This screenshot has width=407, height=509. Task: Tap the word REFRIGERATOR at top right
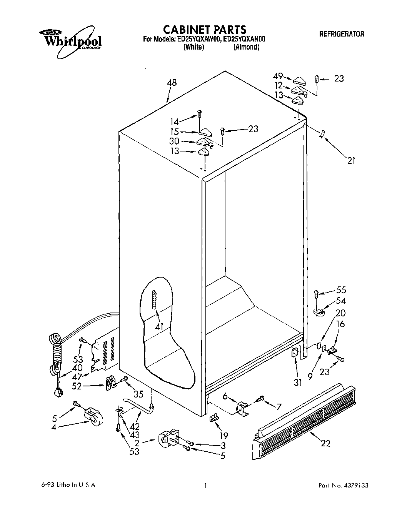pos(342,34)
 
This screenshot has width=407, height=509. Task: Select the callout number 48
pos(172,83)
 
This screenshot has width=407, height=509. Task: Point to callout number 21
pos(351,161)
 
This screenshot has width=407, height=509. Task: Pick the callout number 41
pos(159,327)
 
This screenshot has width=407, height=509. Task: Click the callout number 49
pos(278,76)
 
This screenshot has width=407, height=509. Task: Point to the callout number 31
pos(297,373)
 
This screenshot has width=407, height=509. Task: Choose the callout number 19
pos(223,436)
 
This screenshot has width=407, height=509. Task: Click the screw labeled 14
pos(199,113)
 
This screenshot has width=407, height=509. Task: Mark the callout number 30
pos(174,141)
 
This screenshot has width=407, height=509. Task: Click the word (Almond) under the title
pos(246,47)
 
